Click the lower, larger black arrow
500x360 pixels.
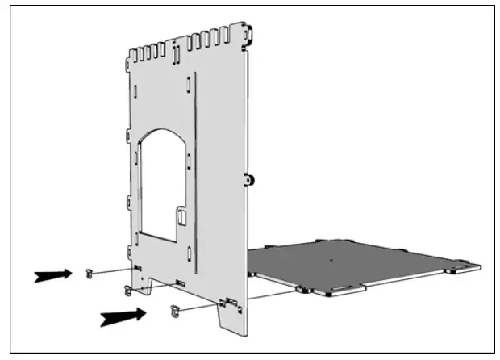pos(121,316)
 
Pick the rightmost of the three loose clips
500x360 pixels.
pos(173,309)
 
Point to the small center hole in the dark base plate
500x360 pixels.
pos(331,260)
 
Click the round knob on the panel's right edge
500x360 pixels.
pos(250,178)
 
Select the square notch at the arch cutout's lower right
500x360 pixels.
pos(183,216)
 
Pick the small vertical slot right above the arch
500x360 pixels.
pos(180,106)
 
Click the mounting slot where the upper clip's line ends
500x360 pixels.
pos(137,267)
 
